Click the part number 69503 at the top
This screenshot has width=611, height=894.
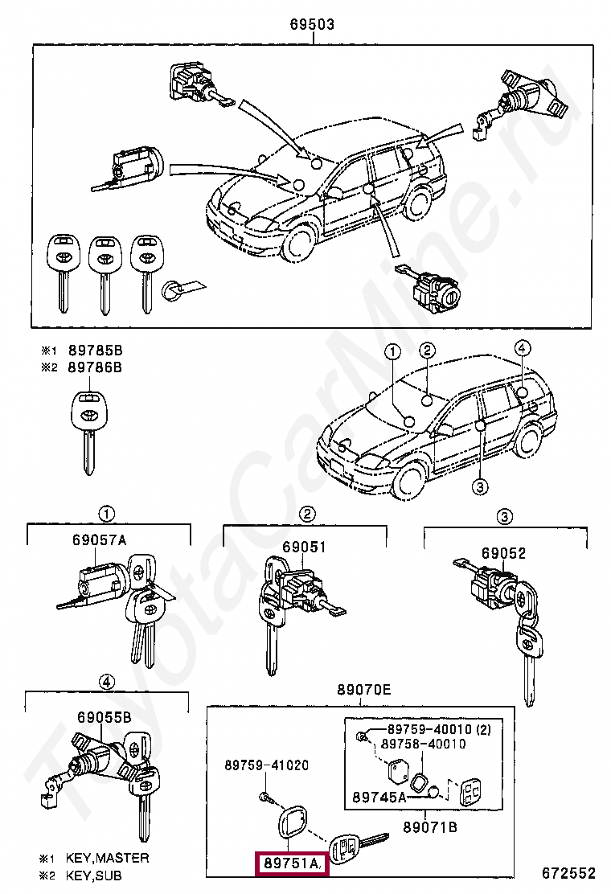312,25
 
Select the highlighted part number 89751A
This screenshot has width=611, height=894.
289,864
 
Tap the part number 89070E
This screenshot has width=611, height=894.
363,689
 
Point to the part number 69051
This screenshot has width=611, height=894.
304,547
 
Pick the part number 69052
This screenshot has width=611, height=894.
503,553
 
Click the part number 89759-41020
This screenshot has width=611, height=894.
266,765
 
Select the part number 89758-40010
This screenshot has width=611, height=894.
423,744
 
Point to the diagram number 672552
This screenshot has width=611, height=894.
568,872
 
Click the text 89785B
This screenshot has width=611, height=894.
95,351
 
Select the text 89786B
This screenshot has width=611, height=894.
95,367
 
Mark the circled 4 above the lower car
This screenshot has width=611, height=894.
522,349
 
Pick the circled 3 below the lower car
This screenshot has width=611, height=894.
479,486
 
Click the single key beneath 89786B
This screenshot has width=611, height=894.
86,429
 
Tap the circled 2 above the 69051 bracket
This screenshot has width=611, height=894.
306,515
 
